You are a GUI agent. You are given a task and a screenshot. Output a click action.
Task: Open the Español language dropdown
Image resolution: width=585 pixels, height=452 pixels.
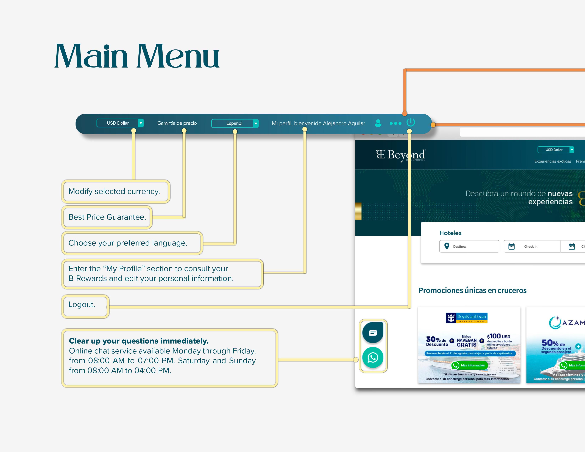tap(235, 123)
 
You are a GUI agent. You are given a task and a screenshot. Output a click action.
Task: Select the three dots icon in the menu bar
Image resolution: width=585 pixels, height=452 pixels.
tap(395, 123)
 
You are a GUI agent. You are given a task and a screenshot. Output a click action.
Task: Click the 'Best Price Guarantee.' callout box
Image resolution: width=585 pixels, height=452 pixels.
tap(107, 217)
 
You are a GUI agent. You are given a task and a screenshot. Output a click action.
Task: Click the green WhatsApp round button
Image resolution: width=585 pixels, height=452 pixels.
tap(373, 358)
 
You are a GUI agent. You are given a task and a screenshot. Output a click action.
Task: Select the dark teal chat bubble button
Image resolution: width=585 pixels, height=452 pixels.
tap(373, 333)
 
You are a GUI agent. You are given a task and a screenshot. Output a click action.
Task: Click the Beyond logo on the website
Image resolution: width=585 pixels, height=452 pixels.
tap(400, 155)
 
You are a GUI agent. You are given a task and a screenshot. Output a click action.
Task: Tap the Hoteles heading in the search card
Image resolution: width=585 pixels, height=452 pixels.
tap(450, 233)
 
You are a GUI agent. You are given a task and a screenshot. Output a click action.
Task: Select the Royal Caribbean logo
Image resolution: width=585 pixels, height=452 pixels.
tap(466, 318)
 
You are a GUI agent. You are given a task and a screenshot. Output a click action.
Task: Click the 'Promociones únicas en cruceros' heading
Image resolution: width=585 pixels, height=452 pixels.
tap(472, 291)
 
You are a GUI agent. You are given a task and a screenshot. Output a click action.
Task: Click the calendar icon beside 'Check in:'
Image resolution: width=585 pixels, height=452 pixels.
tap(511, 246)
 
